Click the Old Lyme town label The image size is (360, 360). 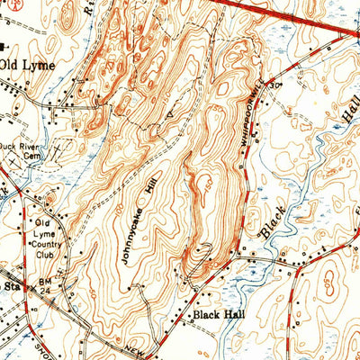(x=28, y=65)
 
